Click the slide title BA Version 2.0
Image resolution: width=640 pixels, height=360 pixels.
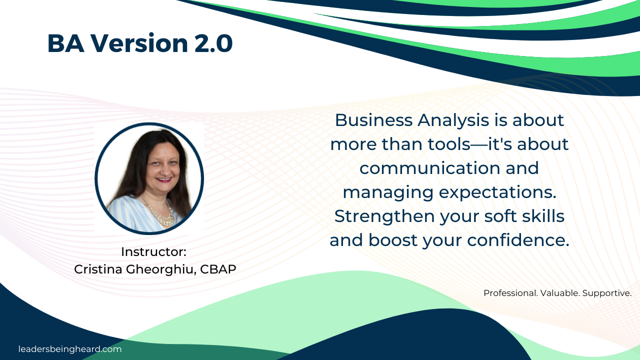point(140,43)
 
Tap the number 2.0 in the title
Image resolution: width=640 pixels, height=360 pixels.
point(213,43)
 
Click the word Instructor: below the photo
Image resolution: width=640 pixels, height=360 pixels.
point(153,251)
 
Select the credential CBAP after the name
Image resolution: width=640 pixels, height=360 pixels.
point(218,269)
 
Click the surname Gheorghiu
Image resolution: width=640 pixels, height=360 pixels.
point(161,269)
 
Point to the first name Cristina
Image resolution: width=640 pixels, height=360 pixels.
point(98,269)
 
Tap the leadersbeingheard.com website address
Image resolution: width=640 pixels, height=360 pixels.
point(70,349)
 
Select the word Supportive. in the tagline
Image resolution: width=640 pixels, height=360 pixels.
point(607,293)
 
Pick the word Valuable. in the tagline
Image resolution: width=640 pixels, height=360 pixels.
point(560,293)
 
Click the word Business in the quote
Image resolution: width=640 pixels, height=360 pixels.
point(373,120)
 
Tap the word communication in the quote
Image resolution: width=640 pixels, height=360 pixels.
point(429,168)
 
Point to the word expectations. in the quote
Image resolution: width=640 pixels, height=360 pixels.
point(497,192)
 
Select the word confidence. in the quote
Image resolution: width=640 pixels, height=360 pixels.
point(518,240)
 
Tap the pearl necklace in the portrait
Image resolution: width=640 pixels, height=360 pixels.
point(161,214)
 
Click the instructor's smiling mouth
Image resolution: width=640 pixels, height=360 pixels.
point(164,179)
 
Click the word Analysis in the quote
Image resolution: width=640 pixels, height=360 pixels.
point(453,120)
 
